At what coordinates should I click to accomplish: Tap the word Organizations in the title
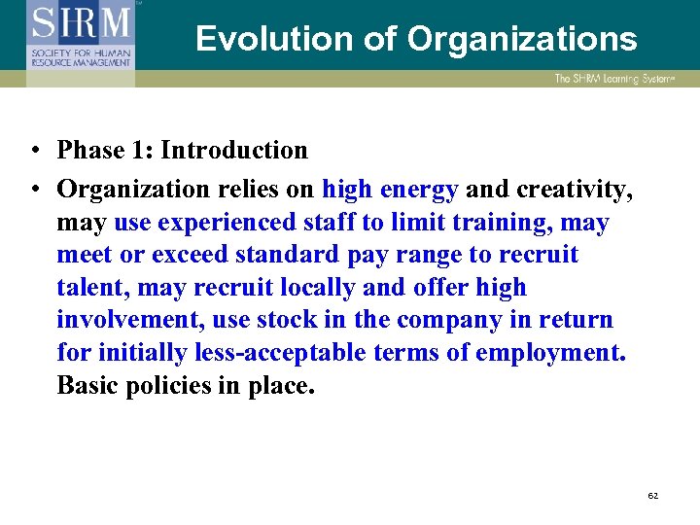click(522, 39)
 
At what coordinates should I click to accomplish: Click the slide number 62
click(653, 496)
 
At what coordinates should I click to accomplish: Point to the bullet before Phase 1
click(34, 152)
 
